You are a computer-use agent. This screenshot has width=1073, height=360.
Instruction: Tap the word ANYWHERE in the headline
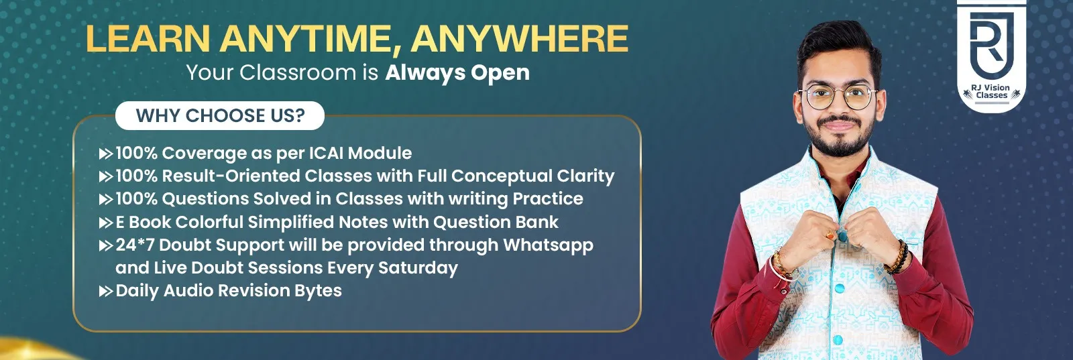[520, 38]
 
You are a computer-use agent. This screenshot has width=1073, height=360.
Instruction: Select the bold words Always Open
[457, 72]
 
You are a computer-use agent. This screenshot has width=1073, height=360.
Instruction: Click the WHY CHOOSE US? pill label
[220, 116]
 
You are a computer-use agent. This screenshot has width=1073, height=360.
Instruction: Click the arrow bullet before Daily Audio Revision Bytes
[106, 292]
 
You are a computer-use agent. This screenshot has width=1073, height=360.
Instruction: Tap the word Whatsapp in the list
[548, 245]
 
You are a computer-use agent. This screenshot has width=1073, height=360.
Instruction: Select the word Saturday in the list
[418, 268]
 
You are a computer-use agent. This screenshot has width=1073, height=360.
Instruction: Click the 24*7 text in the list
[135, 245]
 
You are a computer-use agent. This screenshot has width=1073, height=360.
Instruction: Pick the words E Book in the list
[144, 223]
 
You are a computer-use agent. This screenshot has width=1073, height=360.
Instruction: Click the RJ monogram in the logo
[991, 44]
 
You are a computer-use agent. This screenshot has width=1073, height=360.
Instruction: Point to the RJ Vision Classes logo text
[991, 92]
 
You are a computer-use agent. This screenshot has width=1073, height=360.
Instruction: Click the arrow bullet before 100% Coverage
[106, 154]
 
